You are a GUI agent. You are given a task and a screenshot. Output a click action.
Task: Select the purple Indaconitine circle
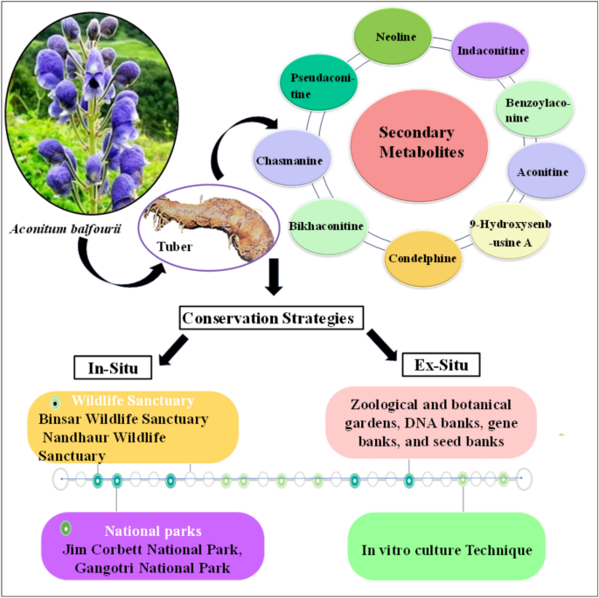click(492, 51)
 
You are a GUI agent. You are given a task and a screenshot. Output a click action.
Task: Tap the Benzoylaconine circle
click(533, 110)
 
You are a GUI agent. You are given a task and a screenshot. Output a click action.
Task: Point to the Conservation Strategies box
click(273, 318)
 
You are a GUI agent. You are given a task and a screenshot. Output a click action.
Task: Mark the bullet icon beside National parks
click(66, 529)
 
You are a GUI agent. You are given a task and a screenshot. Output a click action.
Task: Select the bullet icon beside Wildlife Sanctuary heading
click(55, 403)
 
